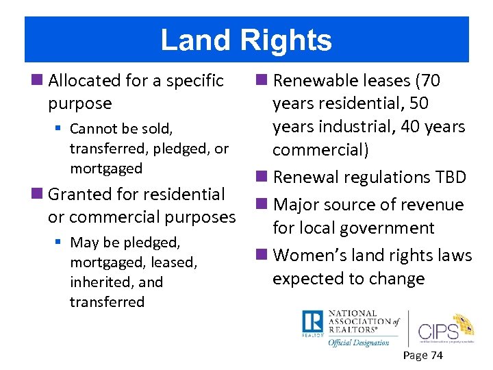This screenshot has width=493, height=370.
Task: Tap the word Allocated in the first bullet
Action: (86, 81)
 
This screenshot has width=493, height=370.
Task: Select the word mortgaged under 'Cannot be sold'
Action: (106, 169)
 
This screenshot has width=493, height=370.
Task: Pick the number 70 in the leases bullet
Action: (431, 81)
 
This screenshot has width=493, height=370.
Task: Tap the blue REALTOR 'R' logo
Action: (312, 323)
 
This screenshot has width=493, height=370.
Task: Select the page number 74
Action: (436, 355)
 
